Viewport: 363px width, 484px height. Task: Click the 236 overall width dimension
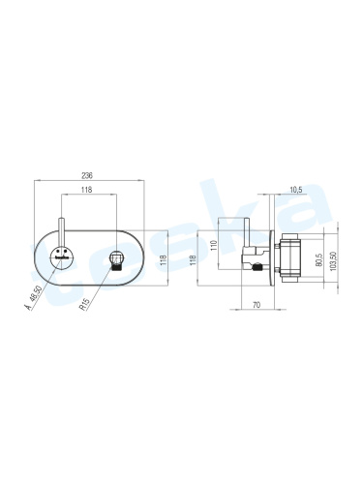coord(87,175)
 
